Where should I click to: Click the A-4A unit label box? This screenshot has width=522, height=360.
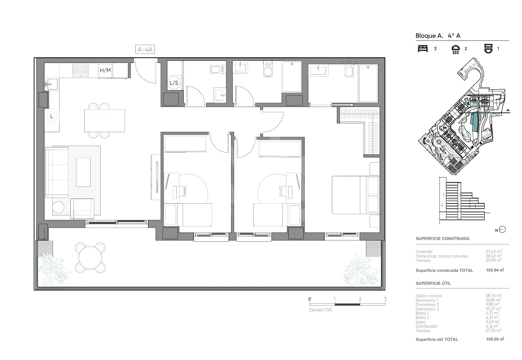point(145,49)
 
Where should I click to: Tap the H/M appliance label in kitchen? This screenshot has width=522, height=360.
point(105,70)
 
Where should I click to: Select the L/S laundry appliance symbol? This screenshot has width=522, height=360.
point(174,83)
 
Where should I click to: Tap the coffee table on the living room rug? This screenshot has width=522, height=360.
point(83,172)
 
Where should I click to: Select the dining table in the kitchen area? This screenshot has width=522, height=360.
point(105,121)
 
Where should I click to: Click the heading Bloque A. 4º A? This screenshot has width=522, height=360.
point(438,36)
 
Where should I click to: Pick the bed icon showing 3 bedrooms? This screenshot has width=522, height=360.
point(423,48)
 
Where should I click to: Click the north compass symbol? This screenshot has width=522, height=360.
point(502,230)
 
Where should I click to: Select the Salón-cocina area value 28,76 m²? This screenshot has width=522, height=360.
point(492,295)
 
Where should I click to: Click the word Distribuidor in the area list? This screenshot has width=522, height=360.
point(427,326)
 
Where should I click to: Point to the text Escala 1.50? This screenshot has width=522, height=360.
point(320,310)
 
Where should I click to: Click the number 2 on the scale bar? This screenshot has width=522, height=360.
point(360,299)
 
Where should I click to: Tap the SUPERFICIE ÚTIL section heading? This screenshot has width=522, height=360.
point(433,283)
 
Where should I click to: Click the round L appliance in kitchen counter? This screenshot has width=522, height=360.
point(51,116)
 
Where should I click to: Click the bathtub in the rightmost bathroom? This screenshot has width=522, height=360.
point(368,83)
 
